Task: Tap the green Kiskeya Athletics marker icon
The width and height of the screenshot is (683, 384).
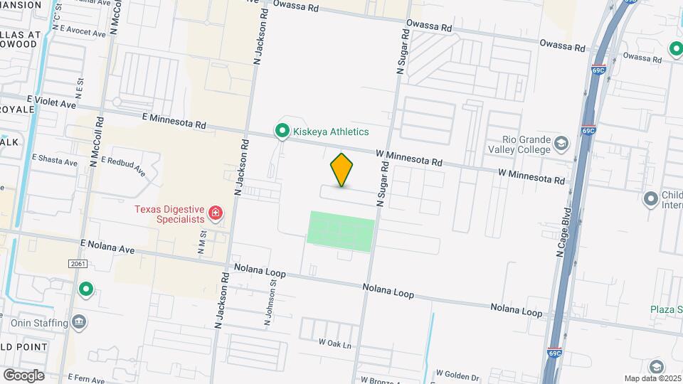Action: coord(282,131)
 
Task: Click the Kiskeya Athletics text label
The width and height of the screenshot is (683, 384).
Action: coord(332,132)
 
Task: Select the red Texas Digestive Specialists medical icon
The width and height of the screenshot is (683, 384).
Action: coord(215,213)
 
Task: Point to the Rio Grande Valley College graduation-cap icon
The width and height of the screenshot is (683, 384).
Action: coord(561,144)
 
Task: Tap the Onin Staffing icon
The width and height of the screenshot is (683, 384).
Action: coord(80,323)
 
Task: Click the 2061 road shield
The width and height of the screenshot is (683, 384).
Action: coord(78,264)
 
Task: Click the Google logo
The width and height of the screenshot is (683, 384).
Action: coord(23,375)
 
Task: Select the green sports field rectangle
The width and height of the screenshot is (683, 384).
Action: coord(341,231)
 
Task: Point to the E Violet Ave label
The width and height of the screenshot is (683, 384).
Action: coord(51,104)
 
